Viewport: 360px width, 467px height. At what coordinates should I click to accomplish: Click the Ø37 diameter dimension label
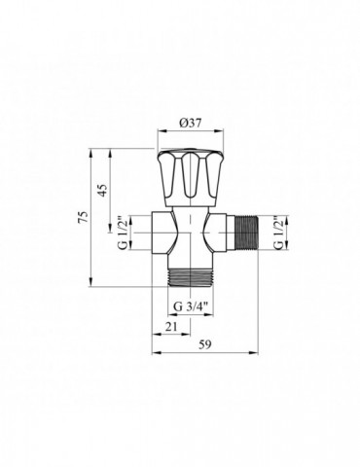pyautogui.click(x=190, y=123)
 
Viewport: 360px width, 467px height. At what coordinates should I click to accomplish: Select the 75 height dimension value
pyautogui.click(x=84, y=217)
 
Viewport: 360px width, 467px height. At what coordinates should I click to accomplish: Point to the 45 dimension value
pyautogui.click(x=102, y=191)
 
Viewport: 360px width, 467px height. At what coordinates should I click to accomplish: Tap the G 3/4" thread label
pyautogui.click(x=190, y=306)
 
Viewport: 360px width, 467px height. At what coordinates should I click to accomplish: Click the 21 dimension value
pyautogui.click(x=171, y=327)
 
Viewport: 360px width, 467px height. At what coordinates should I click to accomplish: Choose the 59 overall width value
pyautogui.click(x=205, y=344)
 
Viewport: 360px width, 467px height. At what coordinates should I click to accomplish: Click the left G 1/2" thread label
pyautogui.click(x=124, y=233)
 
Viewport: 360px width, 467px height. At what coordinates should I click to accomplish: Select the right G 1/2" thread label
pyautogui.click(x=278, y=233)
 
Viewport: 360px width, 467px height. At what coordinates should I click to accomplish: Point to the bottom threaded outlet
pyautogui.click(x=190, y=277)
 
